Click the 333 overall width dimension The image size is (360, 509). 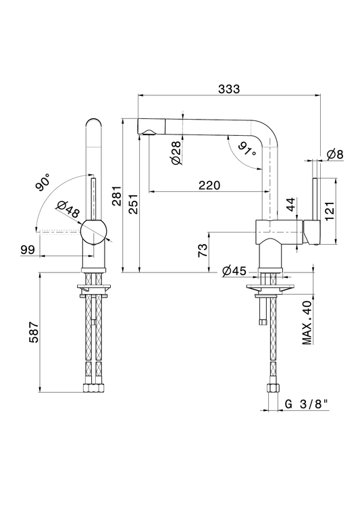pos(229,89)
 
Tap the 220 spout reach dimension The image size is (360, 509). pos(209,185)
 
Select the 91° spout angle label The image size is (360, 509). pos(247,148)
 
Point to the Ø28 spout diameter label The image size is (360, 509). pos(176,152)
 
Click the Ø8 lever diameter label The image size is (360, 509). pos(335,154)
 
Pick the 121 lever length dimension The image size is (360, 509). pos(330,212)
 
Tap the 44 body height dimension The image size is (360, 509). pos(292,204)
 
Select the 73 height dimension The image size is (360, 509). pos(203,251)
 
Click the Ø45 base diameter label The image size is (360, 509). pos(234,270)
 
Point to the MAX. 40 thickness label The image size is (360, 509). pos(307,322)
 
